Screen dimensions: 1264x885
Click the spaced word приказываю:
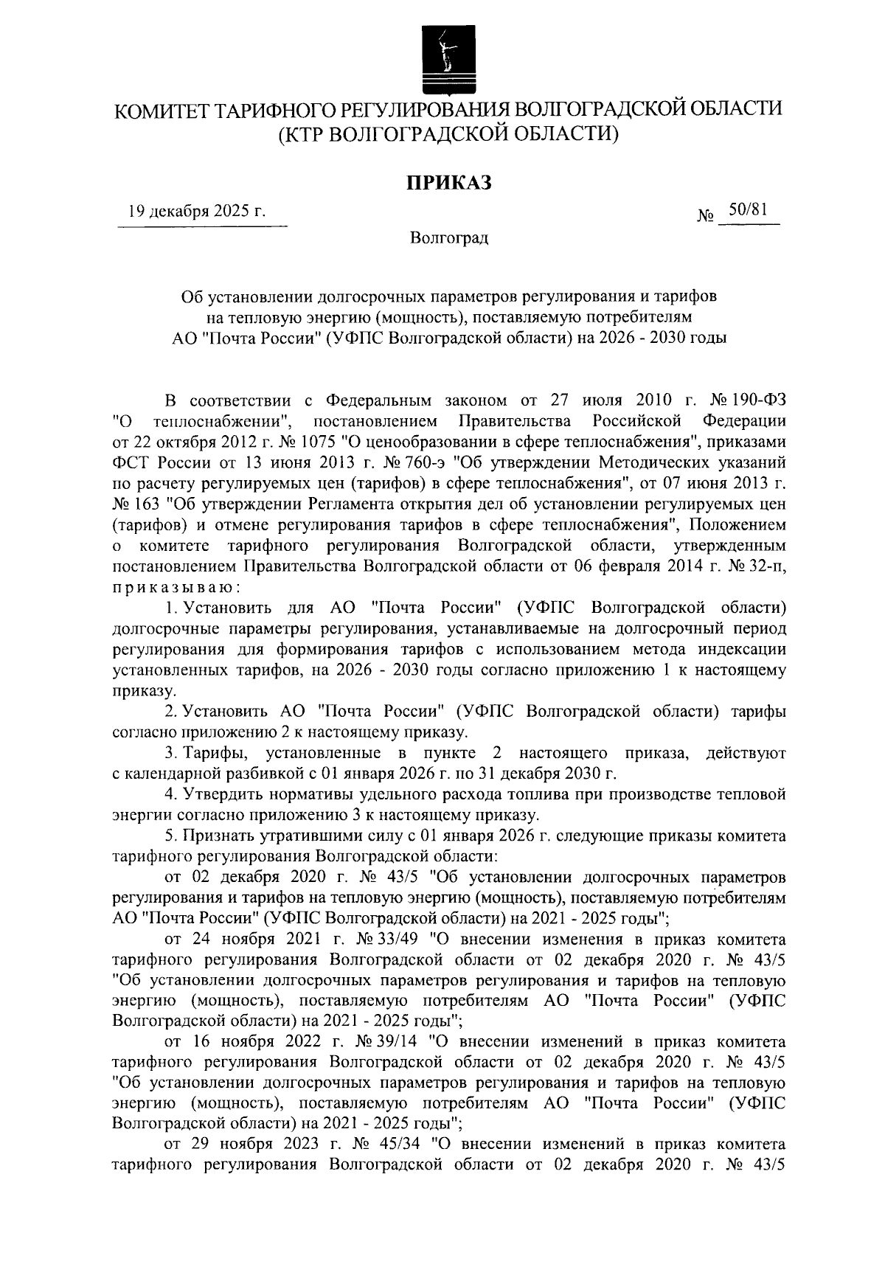(175, 587)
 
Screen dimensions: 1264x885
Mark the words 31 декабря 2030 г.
(550, 774)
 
